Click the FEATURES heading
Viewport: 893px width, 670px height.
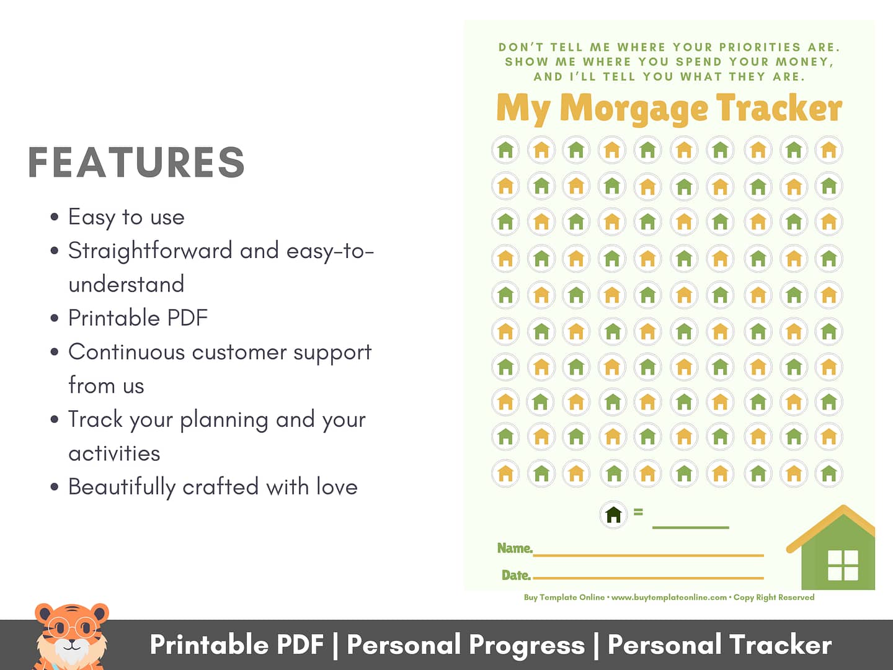coord(136,162)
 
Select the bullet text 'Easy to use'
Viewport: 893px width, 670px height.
coord(126,217)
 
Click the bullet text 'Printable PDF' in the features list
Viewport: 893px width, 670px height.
coord(138,318)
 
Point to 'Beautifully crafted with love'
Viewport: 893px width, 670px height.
coord(213,487)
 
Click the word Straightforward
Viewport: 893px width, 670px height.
coord(150,251)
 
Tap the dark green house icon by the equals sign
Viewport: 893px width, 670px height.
coord(613,515)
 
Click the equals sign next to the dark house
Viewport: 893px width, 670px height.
coord(638,512)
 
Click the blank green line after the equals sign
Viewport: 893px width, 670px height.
coord(690,527)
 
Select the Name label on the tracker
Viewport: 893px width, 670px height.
coord(515,548)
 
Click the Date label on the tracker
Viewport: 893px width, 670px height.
coord(517,575)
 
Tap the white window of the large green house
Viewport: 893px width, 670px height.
coord(843,565)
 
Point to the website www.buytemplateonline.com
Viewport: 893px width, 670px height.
coord(669,597)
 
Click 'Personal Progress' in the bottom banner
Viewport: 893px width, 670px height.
coord(466,645)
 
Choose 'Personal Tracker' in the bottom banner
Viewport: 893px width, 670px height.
coord(720,645)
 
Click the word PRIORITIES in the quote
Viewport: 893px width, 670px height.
coord(760,47)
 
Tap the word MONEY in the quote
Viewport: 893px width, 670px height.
coord(804,62)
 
